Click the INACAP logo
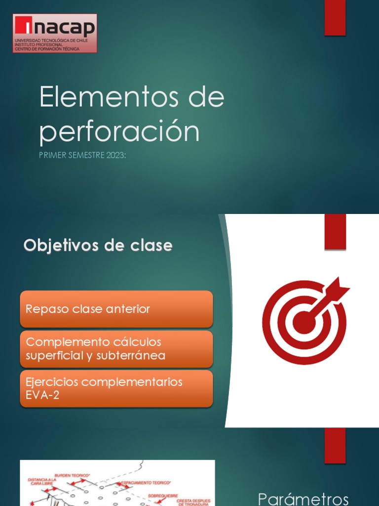(x=54, y=33)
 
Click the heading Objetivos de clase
(x=98, y=246)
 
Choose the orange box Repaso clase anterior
(x=116, y=309)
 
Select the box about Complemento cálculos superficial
(x=116, y=349)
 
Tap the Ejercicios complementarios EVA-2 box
(x=116, y=388)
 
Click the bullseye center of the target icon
(x=304, y=322)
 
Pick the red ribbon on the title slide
(x=335, y=18)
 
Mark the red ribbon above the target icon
(x=335, y=231)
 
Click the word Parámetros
(x=304, y=498)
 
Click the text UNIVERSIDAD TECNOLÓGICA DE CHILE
(x=51, y=41)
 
